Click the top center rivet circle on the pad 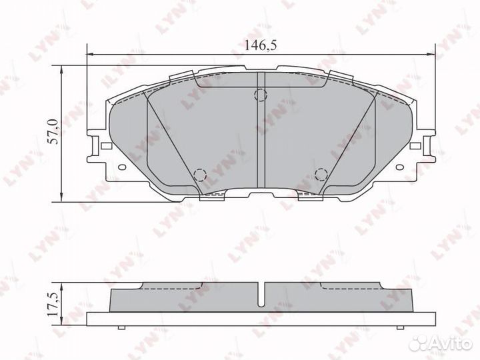(261, 95)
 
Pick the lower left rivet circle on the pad (199, 175)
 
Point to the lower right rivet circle (320, 175)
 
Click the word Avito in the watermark (452, 343)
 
